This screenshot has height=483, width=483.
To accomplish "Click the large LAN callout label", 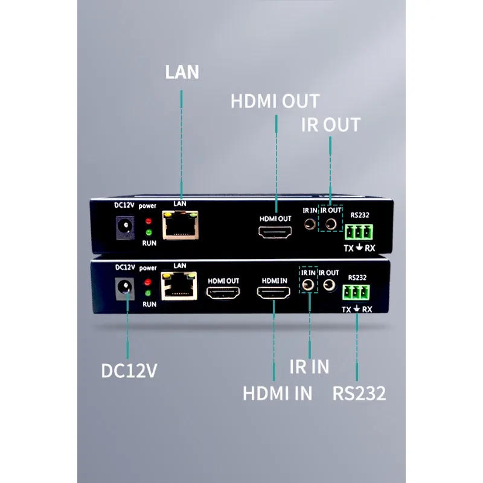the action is [182, 72].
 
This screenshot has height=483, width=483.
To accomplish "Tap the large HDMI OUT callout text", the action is [275, 101].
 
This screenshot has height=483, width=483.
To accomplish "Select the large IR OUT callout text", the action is [330, 125].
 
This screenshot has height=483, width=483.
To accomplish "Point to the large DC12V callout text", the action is [129, 371].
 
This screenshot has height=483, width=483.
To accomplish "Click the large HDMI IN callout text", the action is [277, 393].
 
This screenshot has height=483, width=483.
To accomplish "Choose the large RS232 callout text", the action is [359, 393].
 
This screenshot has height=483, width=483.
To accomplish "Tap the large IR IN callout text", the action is [309, 366].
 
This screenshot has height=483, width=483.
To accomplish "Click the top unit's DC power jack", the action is [125, 228].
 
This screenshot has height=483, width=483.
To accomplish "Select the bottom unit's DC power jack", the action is [124, 289].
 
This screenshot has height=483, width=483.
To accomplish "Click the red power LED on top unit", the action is [149, 221].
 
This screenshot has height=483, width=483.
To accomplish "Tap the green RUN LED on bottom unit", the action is [148, 293].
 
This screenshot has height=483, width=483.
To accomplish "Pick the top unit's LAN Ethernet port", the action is [180, 225].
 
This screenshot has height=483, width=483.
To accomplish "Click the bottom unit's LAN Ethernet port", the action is [179, 286].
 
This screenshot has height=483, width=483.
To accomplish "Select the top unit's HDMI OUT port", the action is [275, 232].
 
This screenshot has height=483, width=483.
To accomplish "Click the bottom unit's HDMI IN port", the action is [273, 292].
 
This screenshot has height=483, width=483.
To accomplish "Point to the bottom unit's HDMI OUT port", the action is [223, 293].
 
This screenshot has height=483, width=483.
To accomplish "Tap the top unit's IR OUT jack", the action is [331, 223].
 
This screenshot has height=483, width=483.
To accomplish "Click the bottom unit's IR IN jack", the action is [308, 284].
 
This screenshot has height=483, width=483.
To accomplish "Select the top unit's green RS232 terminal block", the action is [359, 232].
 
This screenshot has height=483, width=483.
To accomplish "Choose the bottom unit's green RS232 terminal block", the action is [356, 293].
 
